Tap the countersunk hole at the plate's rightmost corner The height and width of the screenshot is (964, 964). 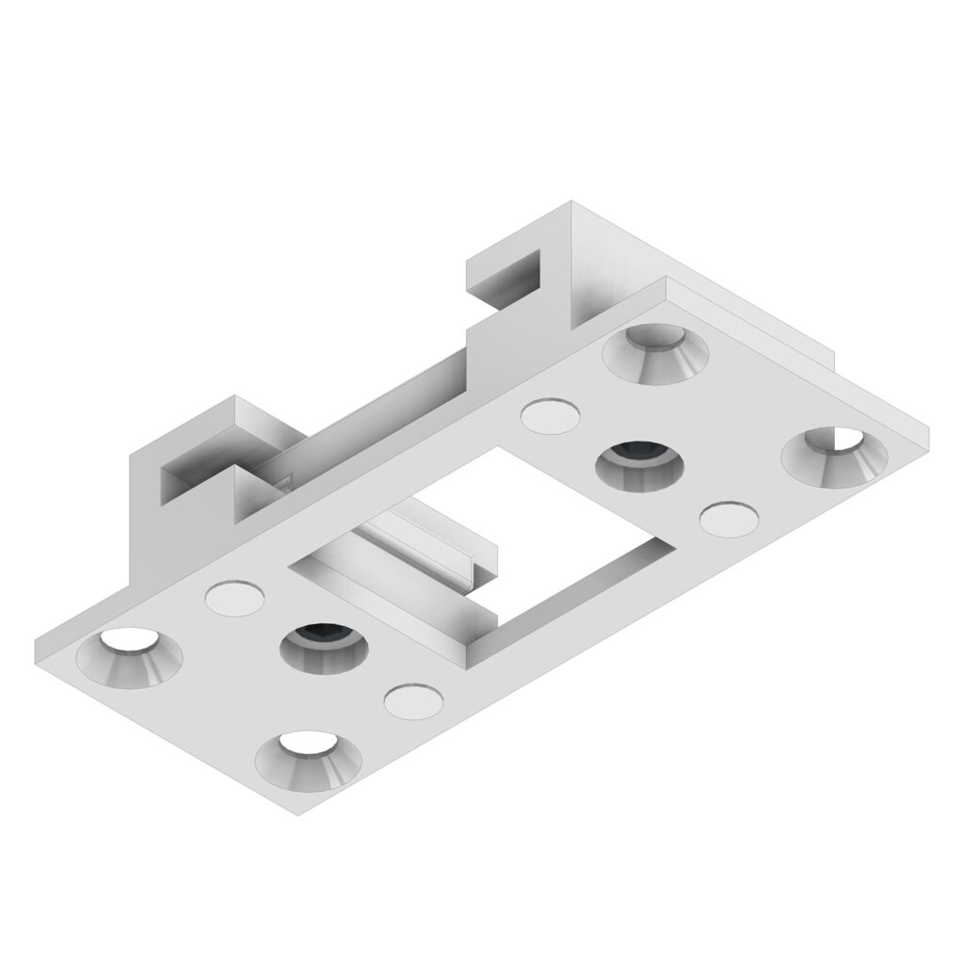pos(834,458)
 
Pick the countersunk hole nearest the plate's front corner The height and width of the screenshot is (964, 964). pos(308,758)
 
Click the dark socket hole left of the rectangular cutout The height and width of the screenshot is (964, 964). pos(324,648)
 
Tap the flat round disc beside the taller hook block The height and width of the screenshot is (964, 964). pos(549,416)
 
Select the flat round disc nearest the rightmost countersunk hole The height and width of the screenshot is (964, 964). pos(730,519)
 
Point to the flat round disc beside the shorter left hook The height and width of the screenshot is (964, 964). pos(233,598)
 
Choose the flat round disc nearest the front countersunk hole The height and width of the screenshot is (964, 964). pos(413,701)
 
